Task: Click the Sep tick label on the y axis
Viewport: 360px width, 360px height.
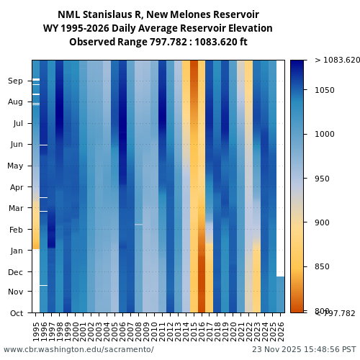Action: [15, 81]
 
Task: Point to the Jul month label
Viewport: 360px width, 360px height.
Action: [17, 124]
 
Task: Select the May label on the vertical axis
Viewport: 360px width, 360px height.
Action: [15, 166]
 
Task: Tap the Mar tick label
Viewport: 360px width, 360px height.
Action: [16, 209]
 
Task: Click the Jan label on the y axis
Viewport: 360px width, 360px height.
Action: [16, 251]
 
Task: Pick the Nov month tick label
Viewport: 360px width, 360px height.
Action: [15, 292]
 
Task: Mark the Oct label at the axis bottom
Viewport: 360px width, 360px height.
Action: [17, 313]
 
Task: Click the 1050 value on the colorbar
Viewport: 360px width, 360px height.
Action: [325, 90]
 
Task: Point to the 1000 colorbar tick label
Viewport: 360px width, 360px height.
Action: [325, 135]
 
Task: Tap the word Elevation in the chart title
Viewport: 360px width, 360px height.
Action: [247, 28]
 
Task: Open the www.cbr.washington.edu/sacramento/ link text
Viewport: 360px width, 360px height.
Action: [78, 350]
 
